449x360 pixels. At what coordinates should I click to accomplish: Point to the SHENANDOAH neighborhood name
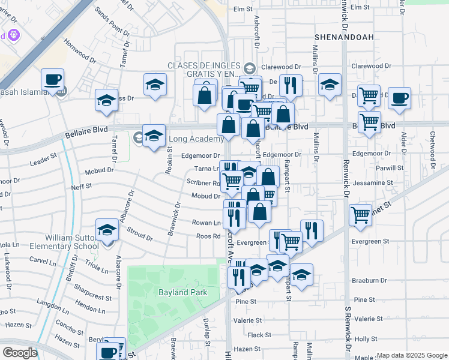tap(344, 37)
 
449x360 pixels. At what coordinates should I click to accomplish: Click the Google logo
tap(20, 353)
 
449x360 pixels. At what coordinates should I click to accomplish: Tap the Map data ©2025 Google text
tap(412, 356)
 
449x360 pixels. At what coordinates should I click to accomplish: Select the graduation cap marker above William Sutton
tap(107, 230)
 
